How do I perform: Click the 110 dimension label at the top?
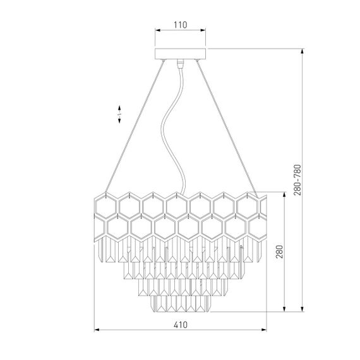click(x=180, y=25)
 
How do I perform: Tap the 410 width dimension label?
click(x=181, y=325)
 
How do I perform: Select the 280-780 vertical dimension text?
click(x=297, y=180)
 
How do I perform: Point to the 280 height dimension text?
click(x=279, y=252)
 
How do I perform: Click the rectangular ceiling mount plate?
click(x=180, y=54)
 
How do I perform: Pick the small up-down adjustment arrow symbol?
click(x=119, y=114)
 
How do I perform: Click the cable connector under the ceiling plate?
click(x=180, y=64)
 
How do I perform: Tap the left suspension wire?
click(x=135, y=126)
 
